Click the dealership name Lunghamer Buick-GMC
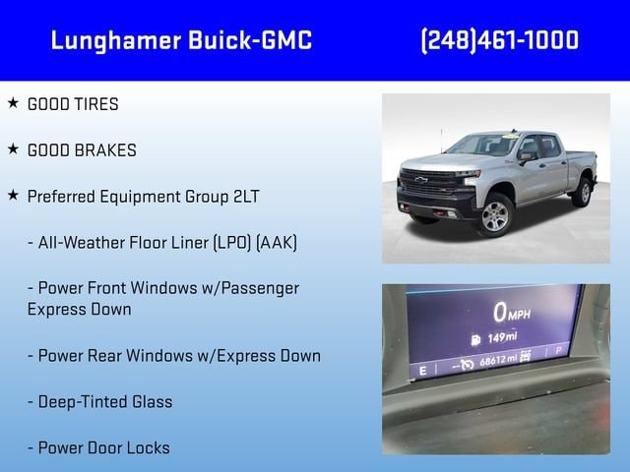point(181,41)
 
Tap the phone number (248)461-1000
point(500,40)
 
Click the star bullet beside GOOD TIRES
point(13,102)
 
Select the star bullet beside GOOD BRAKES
point(13,148)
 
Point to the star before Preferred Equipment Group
point(13,196)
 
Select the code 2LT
point(246,197)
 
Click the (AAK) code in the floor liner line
point(277,243)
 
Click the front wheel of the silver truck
point(495,216)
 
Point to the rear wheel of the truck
point(583,193)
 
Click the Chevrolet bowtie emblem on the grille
point(421,179)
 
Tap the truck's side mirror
point(525,157)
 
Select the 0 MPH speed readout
point(512,313)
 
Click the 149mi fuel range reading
point(494,338)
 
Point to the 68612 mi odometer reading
point(498,361)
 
